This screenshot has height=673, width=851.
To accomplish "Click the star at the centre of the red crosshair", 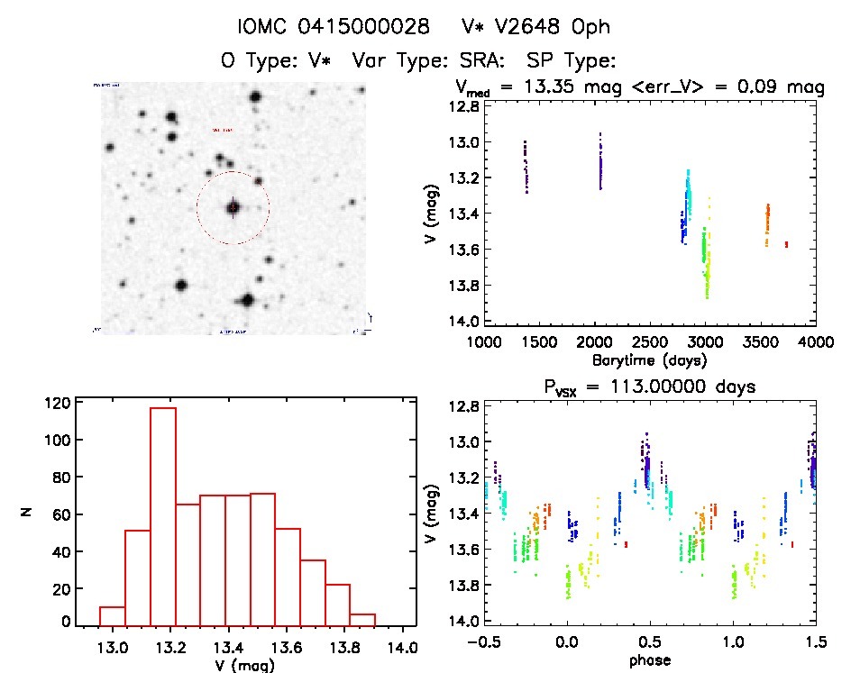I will click(233, 207).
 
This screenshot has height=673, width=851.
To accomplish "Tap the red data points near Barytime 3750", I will click(786, 244).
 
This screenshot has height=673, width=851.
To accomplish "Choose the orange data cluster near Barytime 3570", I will click(767, 224).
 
